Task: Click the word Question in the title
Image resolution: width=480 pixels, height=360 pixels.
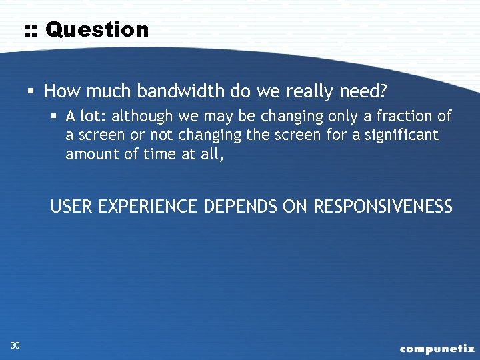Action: [x=97, y=29]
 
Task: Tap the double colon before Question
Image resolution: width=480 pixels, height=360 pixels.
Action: [x=31, y=30]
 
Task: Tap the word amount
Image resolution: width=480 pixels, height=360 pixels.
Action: [x=88, y=153]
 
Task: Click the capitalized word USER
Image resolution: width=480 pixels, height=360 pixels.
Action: [x=71, y=207]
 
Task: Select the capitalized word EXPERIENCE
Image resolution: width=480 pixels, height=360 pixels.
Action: [x=149, y=207]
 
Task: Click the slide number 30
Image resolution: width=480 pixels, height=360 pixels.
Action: [x=15, y=345]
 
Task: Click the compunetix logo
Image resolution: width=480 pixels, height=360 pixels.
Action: [x=437, y=348]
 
